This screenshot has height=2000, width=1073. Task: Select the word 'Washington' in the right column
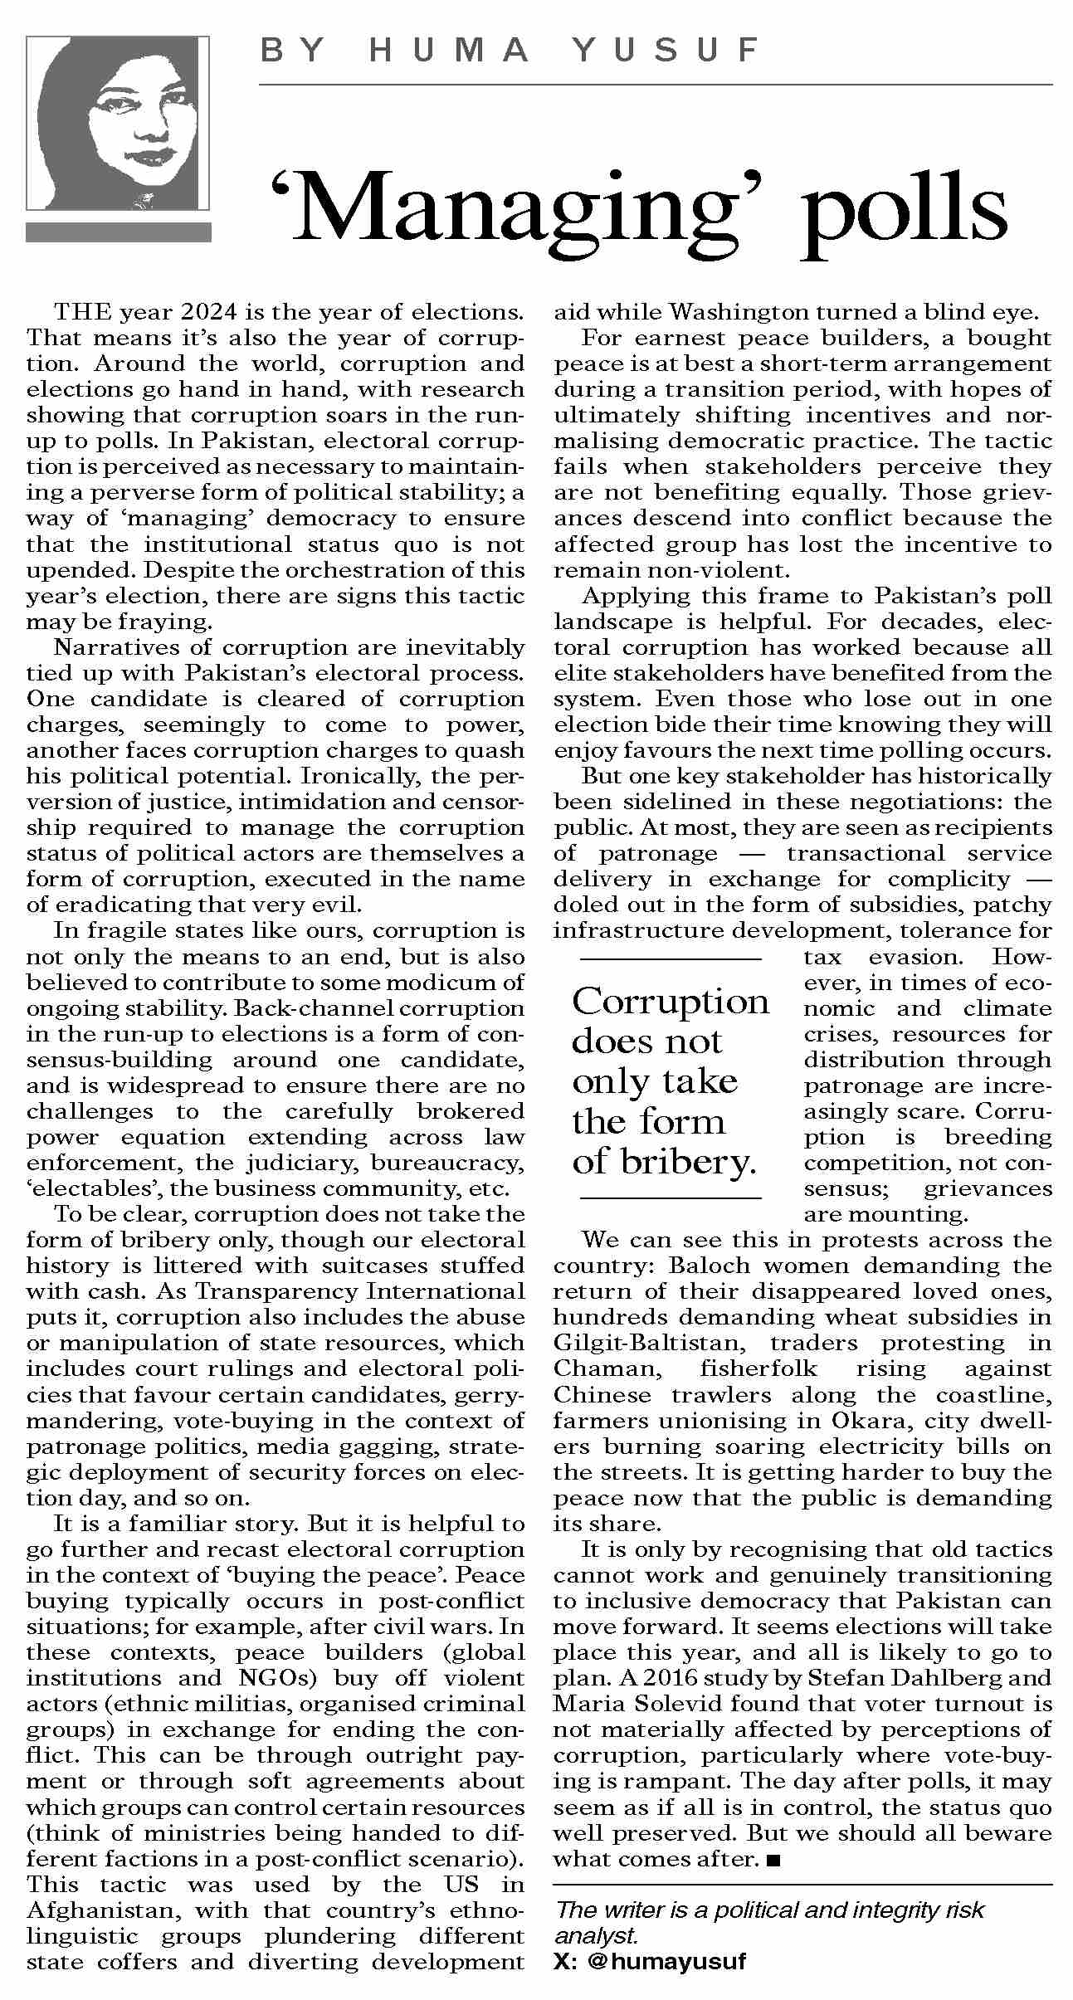point(738,313)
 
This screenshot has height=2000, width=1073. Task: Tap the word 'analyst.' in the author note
point(596,1936)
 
